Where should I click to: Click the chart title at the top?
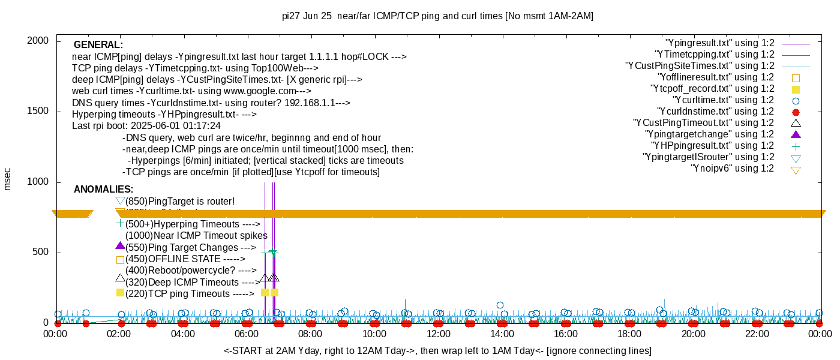click(437, 16)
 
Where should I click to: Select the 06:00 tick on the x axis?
click(247, 334)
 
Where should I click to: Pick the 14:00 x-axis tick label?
click(502, 334)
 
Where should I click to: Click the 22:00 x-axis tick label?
click(757, 334)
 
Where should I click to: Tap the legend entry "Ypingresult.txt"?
click(720, 43)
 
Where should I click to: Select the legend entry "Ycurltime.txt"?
click(724, 100)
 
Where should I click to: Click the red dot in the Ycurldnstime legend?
click(796, 112)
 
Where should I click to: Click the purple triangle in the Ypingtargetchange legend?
click(796, 134)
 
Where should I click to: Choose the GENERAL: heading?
click(98, 45)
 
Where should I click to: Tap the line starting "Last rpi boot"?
click(146, 126)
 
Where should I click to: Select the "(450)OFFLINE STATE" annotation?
click(185, 259)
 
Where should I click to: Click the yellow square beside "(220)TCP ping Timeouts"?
click(120, 293)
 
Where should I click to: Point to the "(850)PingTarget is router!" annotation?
click(180, 201)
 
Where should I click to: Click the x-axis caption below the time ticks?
click(437, 350)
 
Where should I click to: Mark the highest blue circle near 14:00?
click(500, 305)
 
